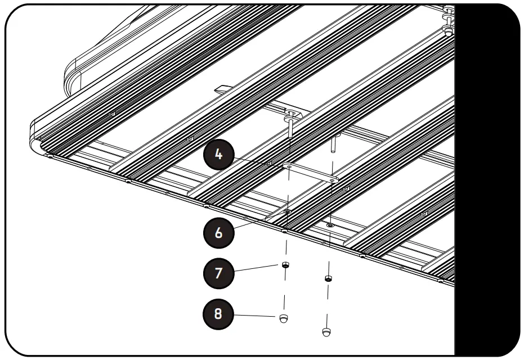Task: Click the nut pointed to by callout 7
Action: [286, 265]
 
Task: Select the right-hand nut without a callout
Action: [328, 278]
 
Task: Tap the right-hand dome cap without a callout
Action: [327, 332]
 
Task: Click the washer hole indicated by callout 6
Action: [288, 211]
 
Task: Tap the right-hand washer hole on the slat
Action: [330, 225]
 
